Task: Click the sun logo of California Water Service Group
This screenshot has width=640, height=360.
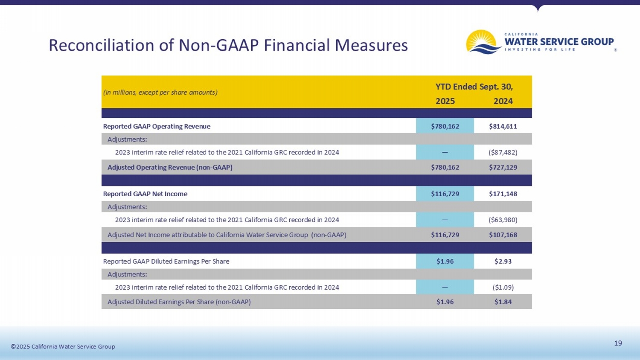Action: click(x=483, y=42)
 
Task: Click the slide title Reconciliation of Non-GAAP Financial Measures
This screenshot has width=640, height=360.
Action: click(x=228, y=45)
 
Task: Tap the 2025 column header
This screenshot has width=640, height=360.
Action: click(x=445, y=101)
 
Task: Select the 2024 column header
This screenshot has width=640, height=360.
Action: click(x=503, y=101)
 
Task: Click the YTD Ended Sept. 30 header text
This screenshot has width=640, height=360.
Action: click(x=474, y=87)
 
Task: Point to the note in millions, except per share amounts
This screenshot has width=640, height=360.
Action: click(x=160, y=92)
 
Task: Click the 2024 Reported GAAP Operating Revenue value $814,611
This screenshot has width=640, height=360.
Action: click(x=503, y=126)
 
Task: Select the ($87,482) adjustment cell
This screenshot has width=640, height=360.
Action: click(x=503, y=152)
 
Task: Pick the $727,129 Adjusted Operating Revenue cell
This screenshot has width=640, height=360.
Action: click(x=503, y=167)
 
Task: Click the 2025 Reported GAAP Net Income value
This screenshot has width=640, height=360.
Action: click(x=445, y=194)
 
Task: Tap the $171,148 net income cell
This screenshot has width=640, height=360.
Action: click(x=503, y=194)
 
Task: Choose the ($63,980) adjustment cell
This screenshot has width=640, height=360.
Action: click(x=503, y=220)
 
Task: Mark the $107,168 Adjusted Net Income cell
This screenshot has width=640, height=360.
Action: click(x=503, y=235)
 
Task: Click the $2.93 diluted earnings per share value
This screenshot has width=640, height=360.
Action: click(x=503, y=261)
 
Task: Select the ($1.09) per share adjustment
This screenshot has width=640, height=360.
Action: click(x=503, y=287)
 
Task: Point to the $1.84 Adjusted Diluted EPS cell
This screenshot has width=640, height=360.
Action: click(x=503, y=302)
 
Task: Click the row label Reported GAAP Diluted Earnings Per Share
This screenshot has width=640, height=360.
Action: click(x=166, y=261)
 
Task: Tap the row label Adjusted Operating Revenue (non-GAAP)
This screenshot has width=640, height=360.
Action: click(x=170, y=167)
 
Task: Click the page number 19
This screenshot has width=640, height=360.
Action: click(x=618, y=343)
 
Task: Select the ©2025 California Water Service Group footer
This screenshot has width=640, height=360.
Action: click(x=63, y=346)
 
